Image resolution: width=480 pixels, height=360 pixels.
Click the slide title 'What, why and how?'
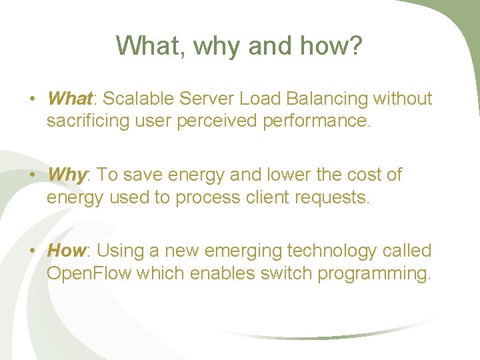click(239, 46)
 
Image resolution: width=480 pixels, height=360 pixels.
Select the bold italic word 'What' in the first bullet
click(69, 99)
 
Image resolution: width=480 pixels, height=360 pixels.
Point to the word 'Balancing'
click(327, 99)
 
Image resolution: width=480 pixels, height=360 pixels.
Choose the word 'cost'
click(358, 175)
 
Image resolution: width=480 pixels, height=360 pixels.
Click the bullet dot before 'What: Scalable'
click(32, 100)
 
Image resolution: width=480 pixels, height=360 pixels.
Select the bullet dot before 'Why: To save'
click(32, 176)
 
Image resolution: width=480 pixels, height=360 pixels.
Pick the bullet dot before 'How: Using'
click(32, 252)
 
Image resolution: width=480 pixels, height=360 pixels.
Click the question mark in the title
click(355, 46)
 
